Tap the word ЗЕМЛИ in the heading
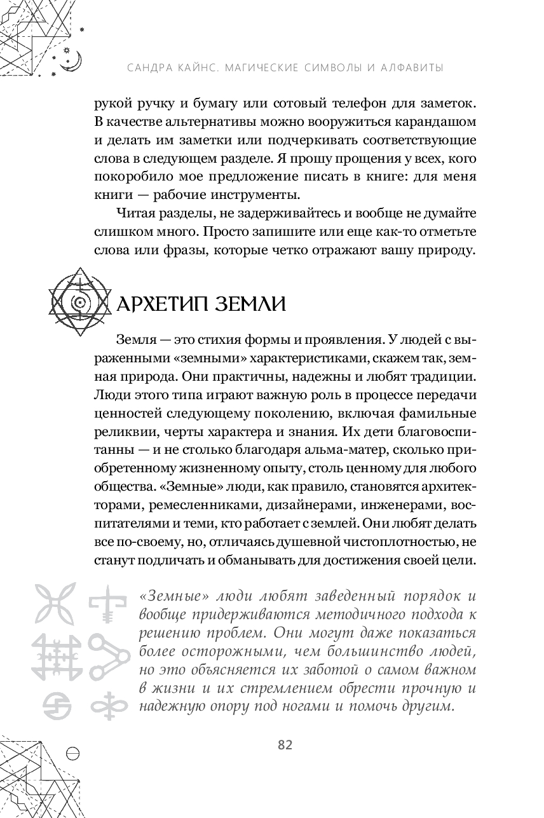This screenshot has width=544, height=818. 246,304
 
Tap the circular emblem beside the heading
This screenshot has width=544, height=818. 81,303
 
